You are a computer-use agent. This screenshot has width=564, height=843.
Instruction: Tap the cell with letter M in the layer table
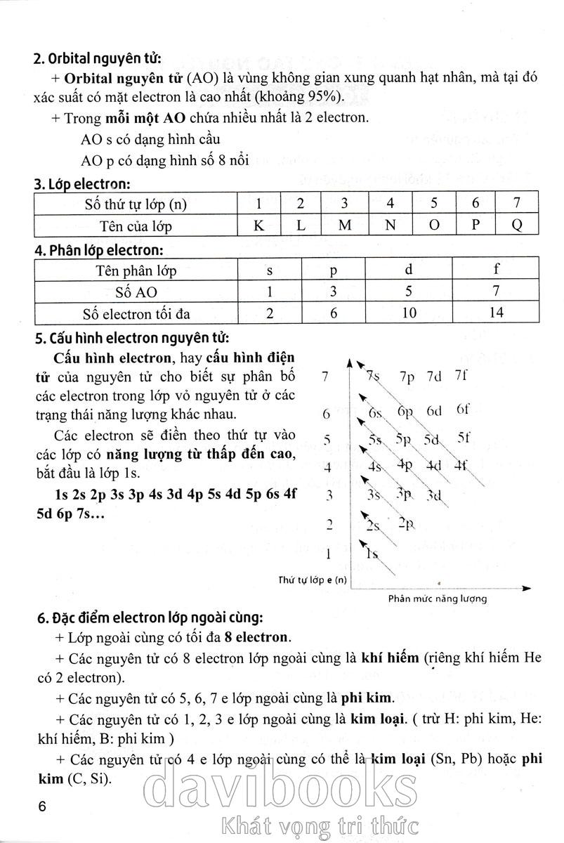click(344, 226)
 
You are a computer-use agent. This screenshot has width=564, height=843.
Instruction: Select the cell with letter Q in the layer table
click(517, 226)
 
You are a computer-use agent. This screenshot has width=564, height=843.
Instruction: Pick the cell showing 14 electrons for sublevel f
click(496, 313)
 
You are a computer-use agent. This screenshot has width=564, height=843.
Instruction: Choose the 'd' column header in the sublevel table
click(409, 270)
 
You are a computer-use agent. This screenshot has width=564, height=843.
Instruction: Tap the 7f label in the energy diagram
click(461, 374)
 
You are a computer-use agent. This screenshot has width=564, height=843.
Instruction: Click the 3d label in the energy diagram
click(434, 495)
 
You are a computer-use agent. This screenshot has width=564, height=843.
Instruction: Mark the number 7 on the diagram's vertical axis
click(324, 377)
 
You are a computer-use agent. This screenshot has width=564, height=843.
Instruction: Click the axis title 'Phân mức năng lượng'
click(437, 599)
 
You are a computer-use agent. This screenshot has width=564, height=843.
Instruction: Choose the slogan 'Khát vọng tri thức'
click(319, 825)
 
